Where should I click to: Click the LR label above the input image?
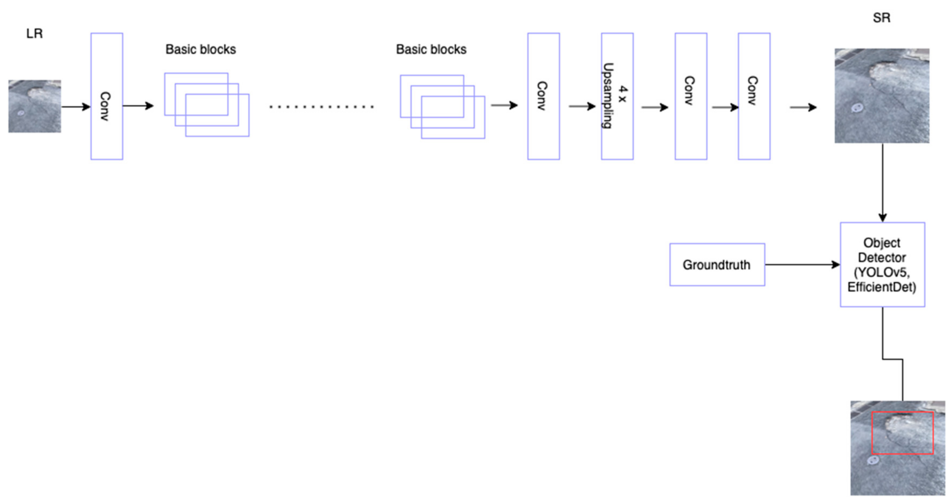(x=34, y=34)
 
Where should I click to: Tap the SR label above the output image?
(x=882, y=18)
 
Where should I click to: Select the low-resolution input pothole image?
(x=35, y=106)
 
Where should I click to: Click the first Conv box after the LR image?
(x=107, y=96)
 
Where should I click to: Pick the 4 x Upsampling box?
(x=617, y=96)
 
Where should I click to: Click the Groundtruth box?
(x=717, y=264)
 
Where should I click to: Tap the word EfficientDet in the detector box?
(x=882, y=287)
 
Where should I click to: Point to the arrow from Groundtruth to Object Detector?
(x=802, y=264)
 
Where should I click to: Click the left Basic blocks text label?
(x=200, y=49)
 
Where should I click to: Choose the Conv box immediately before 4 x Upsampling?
(x=543, y=96)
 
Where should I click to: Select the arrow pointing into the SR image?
(x=803, y=107)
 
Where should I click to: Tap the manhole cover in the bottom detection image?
(x=873, y=460)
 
